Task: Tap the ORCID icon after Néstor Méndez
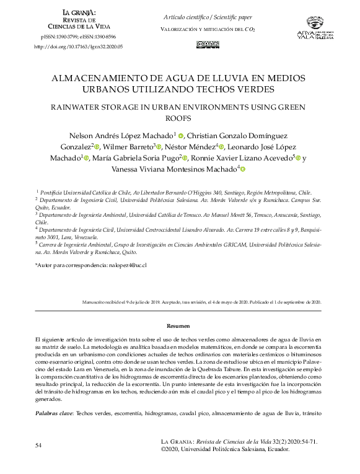click(221, 147)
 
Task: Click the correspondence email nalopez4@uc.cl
click(127, 265)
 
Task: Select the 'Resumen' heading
click(180, 325)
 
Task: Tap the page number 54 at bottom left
click(38, 445)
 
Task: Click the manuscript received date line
click(201, 302)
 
